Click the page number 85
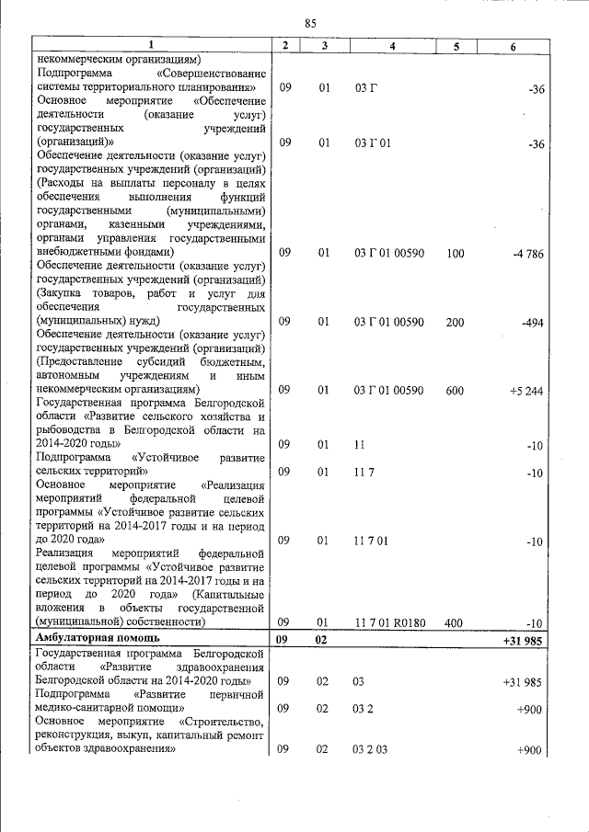[309, 23]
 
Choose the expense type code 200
[455, 322]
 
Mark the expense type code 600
[455, 391]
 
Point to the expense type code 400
[455, 622]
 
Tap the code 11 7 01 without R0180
[371, 541]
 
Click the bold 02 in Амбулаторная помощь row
[323, 637]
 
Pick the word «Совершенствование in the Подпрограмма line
[213, 73]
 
